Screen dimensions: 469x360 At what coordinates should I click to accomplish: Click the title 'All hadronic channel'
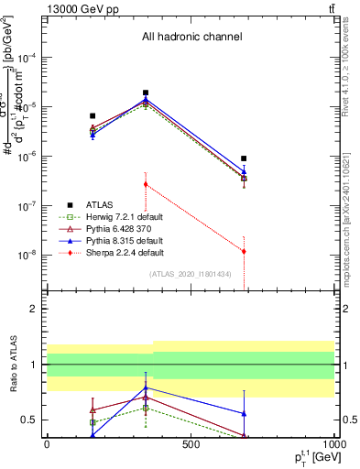pos(191,38)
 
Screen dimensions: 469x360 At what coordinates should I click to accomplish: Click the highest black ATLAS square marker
pos(146,93)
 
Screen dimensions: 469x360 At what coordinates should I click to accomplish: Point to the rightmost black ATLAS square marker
pos(244,158)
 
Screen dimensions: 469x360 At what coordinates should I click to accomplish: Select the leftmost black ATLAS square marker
pos(93,116)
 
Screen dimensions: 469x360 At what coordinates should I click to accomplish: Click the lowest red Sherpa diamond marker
pos(244,251)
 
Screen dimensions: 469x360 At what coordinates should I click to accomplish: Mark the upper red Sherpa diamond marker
pos(146,184)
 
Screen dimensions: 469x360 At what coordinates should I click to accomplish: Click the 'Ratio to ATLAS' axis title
pos(12,365)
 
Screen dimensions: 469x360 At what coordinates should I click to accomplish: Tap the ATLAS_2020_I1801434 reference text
pos(191,274)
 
